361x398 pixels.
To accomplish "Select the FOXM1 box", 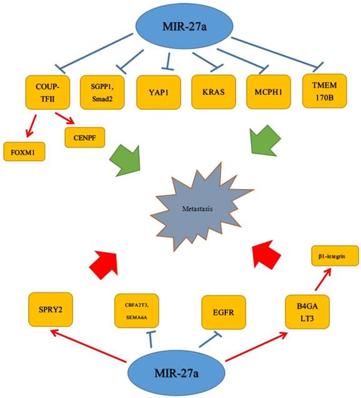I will [x=24, y=151].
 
